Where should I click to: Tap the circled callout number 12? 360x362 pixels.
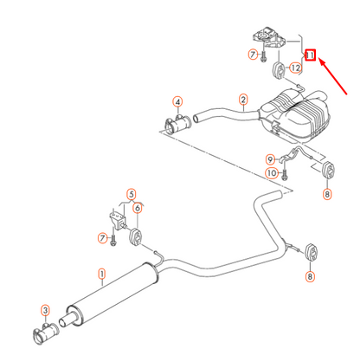click(296, 68)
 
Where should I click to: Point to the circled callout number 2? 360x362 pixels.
click(244, 101)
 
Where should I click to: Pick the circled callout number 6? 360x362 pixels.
click(138, 208)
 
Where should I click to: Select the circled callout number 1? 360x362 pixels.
click(101, 277)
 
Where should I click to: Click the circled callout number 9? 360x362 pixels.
click(270, 158)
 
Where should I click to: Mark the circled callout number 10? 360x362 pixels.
click(271, 173)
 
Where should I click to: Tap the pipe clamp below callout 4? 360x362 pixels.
click(176, 124)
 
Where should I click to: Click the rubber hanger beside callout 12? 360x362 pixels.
click(280, 68)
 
